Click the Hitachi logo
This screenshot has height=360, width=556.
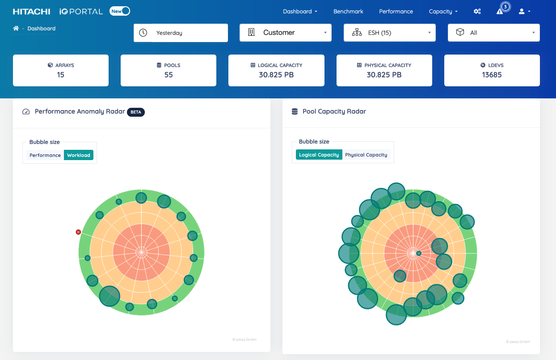pyautogui.click(x=31, y=12)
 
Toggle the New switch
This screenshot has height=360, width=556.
pyautogui.click(x=120, y=11)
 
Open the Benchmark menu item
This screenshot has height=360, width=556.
pyautogui.click(x=348, y=12)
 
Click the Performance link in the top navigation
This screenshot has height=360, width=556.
pyautogui.click(x=396, y=12)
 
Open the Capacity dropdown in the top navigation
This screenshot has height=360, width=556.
pyautogui.click(x=443, y=12)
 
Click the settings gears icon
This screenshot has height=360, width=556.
pyautogui.click(x=477, y=12)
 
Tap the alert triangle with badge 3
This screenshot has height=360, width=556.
pyautogui.click(x=500, y=11)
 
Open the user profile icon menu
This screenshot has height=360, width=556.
pyautogui.click(x=524, y=12)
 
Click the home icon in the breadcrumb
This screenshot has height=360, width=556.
pyautogui.click(x=16, y=29)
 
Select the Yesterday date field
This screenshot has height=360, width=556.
pyautogui.click(x=189, y=33)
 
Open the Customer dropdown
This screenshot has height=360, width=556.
pyautogui.click(x=285, y=33)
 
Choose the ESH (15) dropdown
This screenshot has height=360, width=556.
pyautogui.click(x=389, y=33)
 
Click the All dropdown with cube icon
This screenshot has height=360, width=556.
pyautogui.click(x=493, y=33)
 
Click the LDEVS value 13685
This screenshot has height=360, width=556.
pyautogui.click(x=492, y=75)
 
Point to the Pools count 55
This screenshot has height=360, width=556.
pyautogui.click(x=168, y=75)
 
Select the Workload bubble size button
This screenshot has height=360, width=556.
pyautogui.click(x=79, y=155)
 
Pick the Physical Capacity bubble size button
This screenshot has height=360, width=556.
pyautogui.click(x=366, y=155)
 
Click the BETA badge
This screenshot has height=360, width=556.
pyautogui.click(x=136, y=112)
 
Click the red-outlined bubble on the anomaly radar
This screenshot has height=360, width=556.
pyautogui.click(x=78, y=232)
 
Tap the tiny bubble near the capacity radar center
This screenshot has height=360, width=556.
pyautogui.click(x=419, y=254)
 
